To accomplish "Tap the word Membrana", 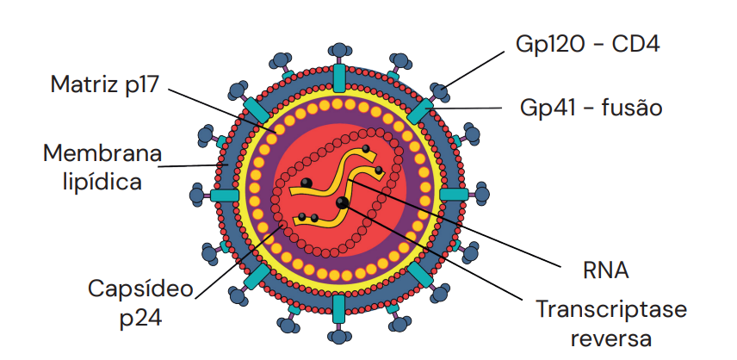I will [x=102, y=154].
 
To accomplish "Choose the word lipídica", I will [x=102, y=182].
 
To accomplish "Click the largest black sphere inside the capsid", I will [x=343, y=203].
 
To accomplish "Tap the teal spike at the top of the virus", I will [x=339, y=77].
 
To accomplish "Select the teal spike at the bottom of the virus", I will [x=339, y=307].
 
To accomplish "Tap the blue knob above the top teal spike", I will [x=339, y=53].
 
